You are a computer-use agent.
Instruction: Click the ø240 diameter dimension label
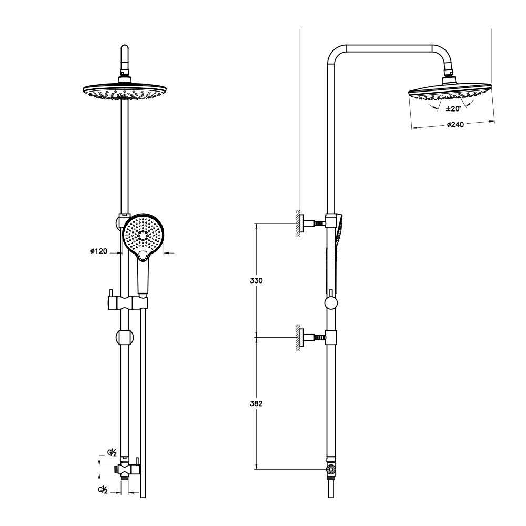pyautogui.click(x=455, y=125)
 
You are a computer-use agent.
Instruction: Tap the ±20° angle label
pyautogui.click(x=453, y=109)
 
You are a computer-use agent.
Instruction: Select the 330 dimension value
pyautogui.click(x=256, y=280)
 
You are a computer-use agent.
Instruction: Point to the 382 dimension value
pyautogui.click(x=256, y=403)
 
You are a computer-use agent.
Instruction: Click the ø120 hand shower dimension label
pyautogui.click(x=99, y=251)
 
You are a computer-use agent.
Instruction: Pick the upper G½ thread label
pyautogui.click(x=112, y=452)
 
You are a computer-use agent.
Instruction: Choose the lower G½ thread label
pyautogui.click(x=103, y=490)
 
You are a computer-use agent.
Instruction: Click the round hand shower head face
pyautogui.click(x=143, y=235)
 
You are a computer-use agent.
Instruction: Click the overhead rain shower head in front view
pyautogui.click(x=125, y=90)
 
